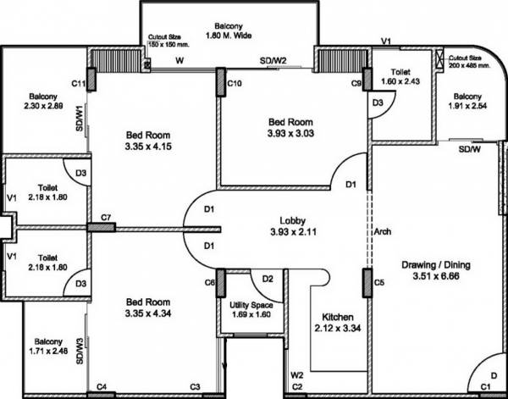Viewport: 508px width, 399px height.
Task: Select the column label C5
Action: tap(379, 281)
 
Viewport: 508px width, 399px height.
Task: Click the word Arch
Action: tap(382, 230)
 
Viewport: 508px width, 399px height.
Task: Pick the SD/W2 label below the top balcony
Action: tap(273, 61)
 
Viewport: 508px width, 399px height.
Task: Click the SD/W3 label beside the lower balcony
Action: tap(80, 351)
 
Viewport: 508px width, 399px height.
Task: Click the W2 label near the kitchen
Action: tap(297, 374)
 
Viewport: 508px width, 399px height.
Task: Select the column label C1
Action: tap(485, 388)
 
